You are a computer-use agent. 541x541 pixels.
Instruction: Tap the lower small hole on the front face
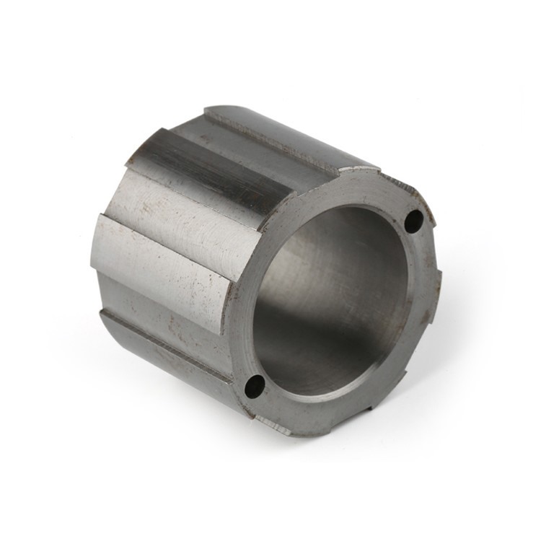tap(253, 386)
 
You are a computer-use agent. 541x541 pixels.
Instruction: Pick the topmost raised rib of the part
tap(289, 137)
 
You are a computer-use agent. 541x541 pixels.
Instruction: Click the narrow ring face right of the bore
tap(414, 303)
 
